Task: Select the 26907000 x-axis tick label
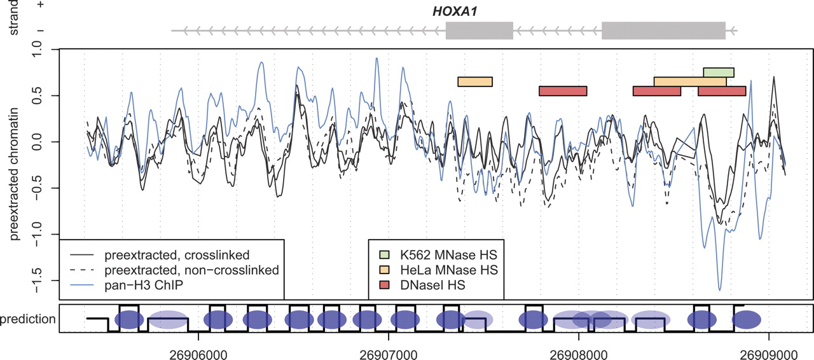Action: click(389, 350)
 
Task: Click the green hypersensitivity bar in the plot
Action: click(719, 72)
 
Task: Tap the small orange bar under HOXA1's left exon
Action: click(475, 81)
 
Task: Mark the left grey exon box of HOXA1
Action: click(479, 31)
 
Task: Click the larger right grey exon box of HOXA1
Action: click(663, 31)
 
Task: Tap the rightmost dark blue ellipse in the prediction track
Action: click(747, 319)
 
